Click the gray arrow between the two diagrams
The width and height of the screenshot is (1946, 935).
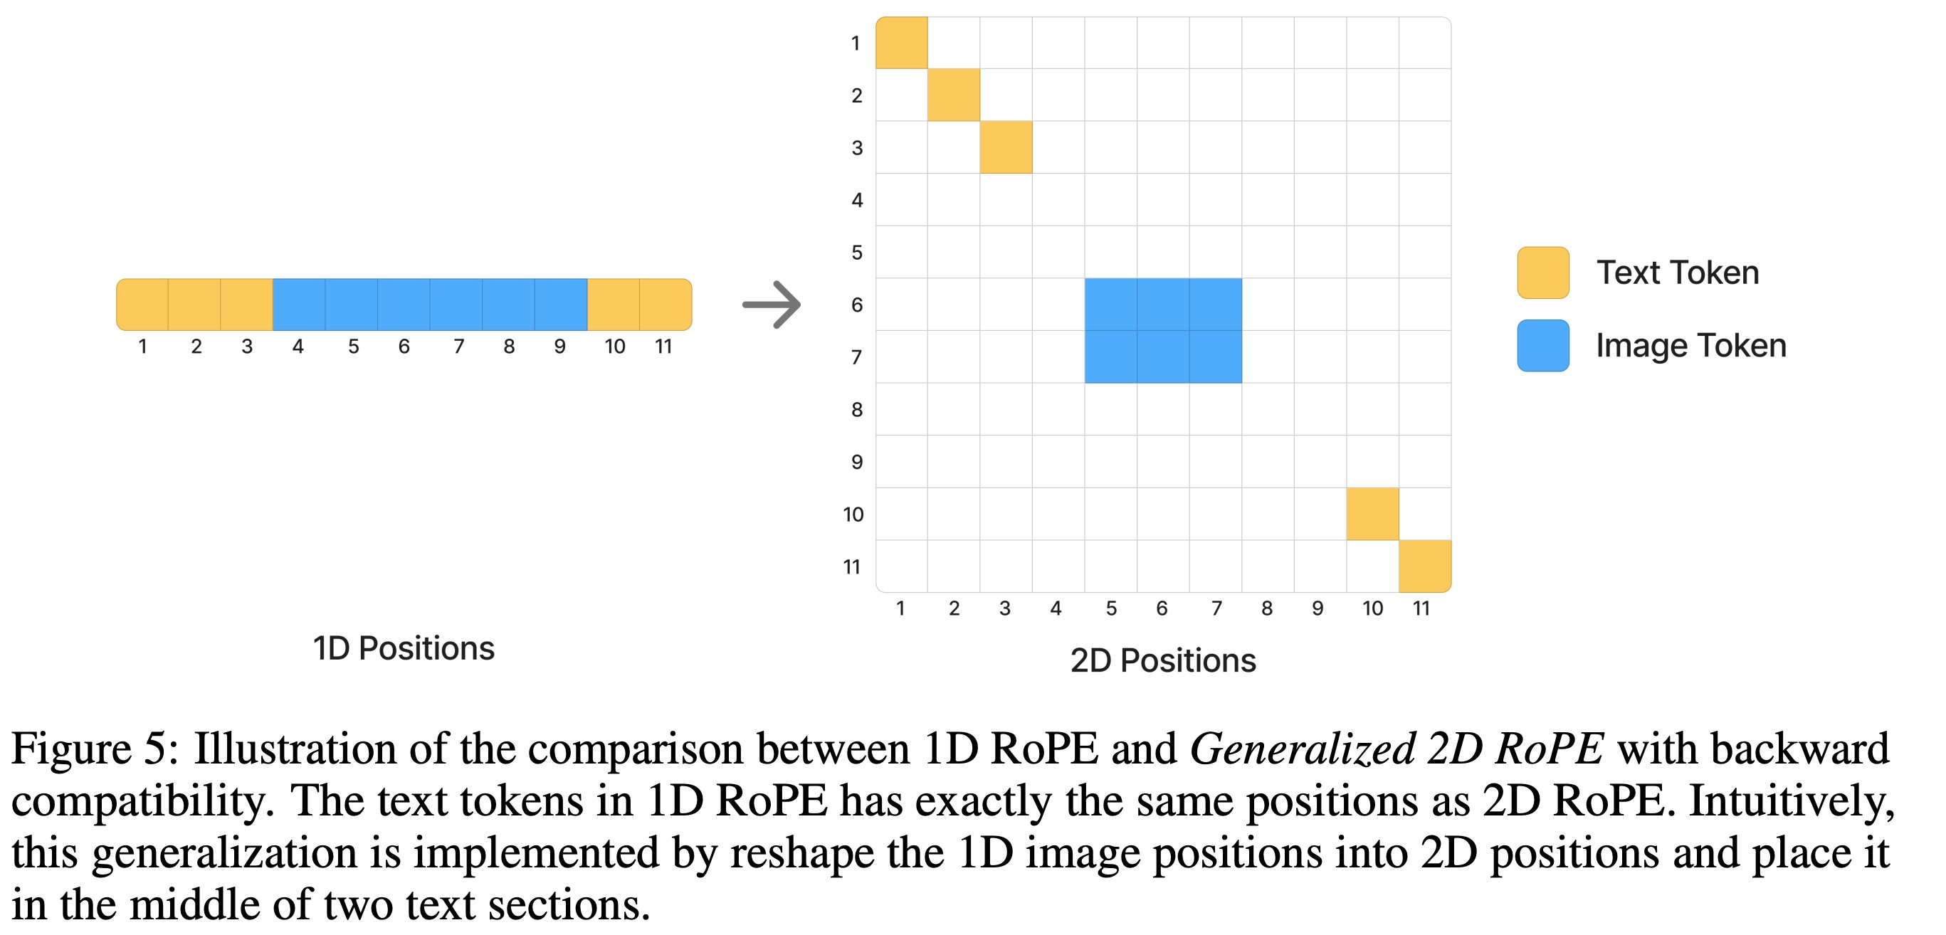[x=772, y=305]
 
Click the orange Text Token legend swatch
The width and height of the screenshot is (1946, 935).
[x=1542, y=273]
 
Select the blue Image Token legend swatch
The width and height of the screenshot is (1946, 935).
[x=1542, y=346]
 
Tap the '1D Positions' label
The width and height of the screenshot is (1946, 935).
[x=404, y=648]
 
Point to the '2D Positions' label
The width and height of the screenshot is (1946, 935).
[x=1162, y=660]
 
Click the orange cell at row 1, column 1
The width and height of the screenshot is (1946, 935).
[x=902, y=43]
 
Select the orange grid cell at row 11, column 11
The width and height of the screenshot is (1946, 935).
[x=1425, y=566]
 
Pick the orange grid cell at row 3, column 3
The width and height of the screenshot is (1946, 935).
[x=1006, y=147]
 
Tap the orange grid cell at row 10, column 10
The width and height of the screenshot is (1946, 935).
[x=1372, y=514]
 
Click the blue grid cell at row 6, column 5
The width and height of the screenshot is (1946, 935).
[x=1110, y=305]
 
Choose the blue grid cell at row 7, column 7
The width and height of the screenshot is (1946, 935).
[x=1216, y=356]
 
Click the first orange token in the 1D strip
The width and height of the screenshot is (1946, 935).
[x=143, y=305]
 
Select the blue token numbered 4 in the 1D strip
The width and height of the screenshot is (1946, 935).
[x=299, y=305]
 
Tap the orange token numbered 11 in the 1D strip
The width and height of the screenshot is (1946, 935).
[x=665, y=305]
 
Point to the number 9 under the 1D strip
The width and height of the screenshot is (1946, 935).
[x=559, y=347]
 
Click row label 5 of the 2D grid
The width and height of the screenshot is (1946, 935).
[x=857, y=253]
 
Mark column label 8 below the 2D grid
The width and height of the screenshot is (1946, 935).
[x=1267, y=608]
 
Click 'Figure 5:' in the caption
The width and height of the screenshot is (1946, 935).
[x=95, y=749]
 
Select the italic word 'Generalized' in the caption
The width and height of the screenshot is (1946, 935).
[x=1302, y=749]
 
